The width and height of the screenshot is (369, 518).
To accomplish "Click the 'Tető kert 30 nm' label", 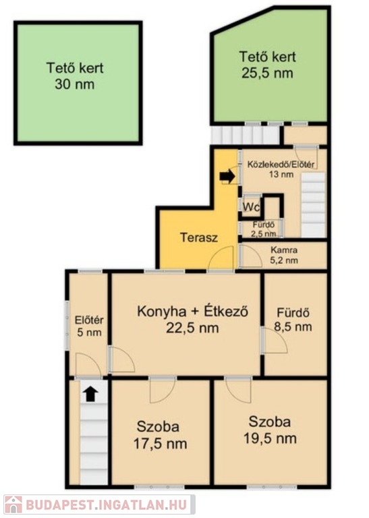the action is click(75, 76).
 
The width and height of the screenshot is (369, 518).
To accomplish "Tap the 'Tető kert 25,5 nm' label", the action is click(267, 65).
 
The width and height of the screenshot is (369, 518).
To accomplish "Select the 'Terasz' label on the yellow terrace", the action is click(199, 237).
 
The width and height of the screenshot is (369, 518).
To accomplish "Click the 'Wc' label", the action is click(252, 207).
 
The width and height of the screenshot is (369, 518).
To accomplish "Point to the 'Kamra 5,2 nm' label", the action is click(284, 256).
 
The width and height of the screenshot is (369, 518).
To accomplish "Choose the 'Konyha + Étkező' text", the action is click(192, 311).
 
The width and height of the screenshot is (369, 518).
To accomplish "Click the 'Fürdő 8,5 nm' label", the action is click(293, 320).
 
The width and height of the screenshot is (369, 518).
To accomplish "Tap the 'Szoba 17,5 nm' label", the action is click(160, 435).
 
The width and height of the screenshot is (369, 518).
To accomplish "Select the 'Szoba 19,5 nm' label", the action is click(270, 430).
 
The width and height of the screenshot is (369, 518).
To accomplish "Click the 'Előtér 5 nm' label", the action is click(89, 326).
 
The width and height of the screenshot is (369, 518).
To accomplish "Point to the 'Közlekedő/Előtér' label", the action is click(281, 164).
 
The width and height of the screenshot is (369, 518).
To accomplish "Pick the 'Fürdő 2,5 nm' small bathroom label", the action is click(264, 229).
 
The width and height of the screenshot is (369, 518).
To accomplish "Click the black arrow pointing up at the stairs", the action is click(90, 394).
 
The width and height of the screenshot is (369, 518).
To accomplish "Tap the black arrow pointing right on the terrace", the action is click(227, 177).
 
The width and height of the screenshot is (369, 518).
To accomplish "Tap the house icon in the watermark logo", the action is click(13, 504).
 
